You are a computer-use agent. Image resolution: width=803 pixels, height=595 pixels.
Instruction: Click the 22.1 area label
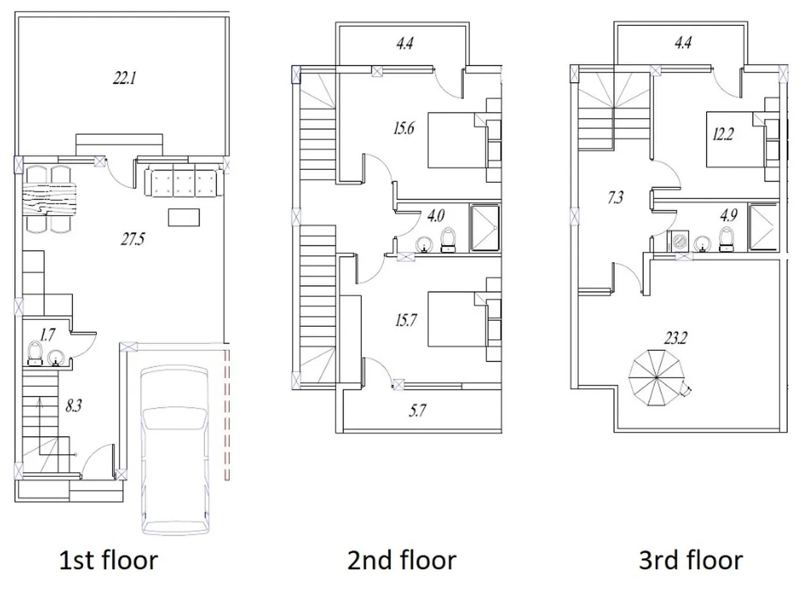(x=125, y=78)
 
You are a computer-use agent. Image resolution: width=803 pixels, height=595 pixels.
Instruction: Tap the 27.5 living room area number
(x=133, y=239)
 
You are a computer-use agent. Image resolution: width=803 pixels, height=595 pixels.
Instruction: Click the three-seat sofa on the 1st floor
(x=183, y=180)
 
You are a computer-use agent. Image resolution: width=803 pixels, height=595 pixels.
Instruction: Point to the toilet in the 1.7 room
(x=35, y=353)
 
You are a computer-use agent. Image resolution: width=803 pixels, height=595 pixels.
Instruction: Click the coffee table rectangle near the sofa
(x=183, y=217)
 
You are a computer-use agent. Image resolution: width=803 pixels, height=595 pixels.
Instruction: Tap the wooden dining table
(x=50, y=199)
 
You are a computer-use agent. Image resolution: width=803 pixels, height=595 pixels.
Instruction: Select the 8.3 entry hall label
(x=74, y=406)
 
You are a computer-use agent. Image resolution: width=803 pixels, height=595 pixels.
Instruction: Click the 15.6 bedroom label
(x=404, y=128)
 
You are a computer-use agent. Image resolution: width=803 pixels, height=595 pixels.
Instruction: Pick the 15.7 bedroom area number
(x=406, y=321)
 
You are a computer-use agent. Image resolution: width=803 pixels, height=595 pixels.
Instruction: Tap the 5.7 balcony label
(x=418, y=411)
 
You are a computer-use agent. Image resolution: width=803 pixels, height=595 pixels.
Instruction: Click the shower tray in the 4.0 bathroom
(x=485, y=228)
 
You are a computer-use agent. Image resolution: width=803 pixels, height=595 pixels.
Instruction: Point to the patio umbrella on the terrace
(x=657, y=378)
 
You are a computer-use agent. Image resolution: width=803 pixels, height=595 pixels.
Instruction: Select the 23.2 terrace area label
(x=676, y=338)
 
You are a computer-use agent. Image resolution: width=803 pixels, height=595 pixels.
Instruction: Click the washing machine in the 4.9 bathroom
(x=679, y=241)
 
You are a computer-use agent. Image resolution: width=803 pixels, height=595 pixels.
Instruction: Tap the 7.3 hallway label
(x=615, y=198)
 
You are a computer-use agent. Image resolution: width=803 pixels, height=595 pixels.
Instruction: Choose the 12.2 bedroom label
(x=723, y=134)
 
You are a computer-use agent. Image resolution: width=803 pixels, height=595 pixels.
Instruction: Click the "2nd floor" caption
(x=402, y=560)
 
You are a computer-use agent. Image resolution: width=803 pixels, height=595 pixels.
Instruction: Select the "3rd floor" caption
(x=691, y=560)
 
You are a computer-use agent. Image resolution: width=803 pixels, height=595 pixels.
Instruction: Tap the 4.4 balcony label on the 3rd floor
(x=683, y=43)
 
